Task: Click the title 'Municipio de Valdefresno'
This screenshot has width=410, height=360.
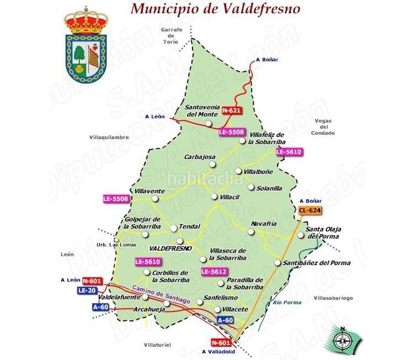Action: coord(216,9)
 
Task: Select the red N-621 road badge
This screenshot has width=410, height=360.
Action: coord(231,111)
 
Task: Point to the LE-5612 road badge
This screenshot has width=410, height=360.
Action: coord(214,272)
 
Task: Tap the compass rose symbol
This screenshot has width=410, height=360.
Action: coord(343,340)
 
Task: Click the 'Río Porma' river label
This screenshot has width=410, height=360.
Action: coord(285,302)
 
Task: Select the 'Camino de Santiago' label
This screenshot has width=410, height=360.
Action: coord(161,295)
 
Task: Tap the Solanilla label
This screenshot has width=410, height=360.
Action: coord(269,188)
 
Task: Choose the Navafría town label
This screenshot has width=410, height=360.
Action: coord(264,223)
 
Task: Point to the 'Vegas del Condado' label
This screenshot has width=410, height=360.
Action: coord(324,127)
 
